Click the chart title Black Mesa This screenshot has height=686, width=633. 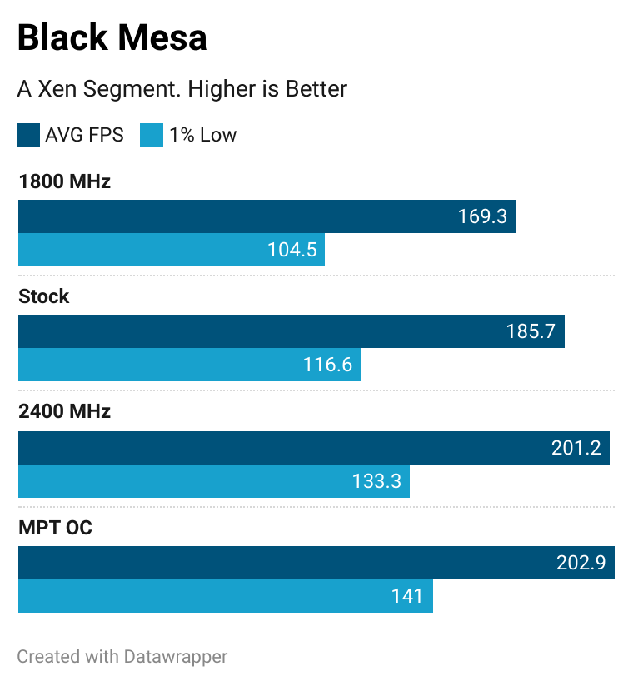[x=112, y=38]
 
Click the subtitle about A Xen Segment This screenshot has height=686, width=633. [x=182, y=88]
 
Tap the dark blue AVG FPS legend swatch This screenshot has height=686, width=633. [x=28, y=135]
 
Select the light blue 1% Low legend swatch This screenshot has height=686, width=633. [x=152, y=135]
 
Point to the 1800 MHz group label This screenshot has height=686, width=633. [x=64, y=181]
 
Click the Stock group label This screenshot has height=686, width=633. [x=44, y=296]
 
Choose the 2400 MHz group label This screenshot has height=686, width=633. [x=64, y=411]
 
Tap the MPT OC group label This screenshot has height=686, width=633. [x=55, y=527]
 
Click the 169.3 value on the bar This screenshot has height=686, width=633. [x=482, y=216]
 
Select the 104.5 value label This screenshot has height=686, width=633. [x=292, y=250]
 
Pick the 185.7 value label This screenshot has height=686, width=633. [x=531, y=331]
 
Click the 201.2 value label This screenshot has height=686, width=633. [x=576, y=448]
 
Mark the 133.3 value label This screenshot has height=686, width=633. [x=376, y=480]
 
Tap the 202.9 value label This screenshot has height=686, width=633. [x=581, y=563]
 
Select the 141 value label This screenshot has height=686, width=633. [x=407, y=596]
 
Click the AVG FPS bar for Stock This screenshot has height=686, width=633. [x=250, y=331]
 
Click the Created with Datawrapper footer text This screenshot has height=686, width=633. [x=122, y=656]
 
